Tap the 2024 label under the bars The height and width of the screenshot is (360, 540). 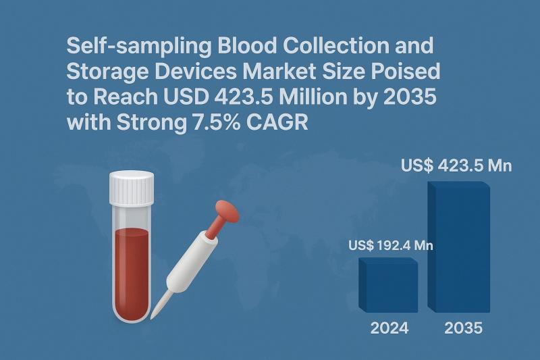tap(389, 329)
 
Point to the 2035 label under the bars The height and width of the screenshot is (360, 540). tap(463, 329)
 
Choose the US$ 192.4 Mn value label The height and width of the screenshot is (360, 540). tap(391, 245)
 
